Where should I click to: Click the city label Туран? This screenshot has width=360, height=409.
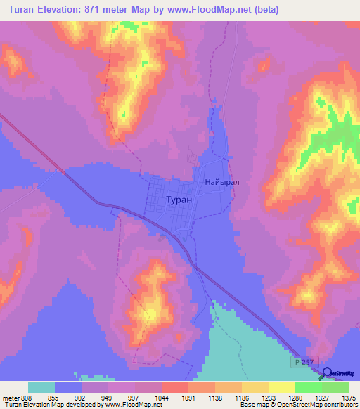coord(178,200)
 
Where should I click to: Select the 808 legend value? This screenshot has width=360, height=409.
coord(25,397)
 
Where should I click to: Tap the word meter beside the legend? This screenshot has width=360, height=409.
coord(8,397)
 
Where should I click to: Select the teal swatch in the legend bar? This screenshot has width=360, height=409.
coord(41,387)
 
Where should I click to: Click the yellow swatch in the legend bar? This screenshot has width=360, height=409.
coord(281,387)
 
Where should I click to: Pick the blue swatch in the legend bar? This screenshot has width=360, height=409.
coord(68,387)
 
